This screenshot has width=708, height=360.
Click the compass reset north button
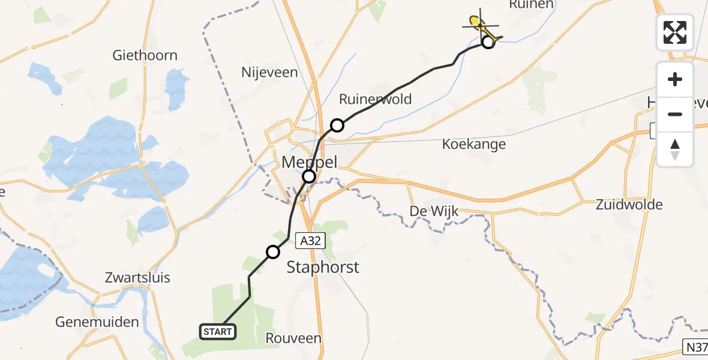pos(675,149)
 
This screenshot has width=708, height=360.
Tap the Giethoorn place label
pos(145,56)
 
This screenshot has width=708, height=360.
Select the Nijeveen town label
pos(269,73)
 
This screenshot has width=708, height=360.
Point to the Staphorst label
pos(323,267)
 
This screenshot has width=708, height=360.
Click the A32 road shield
pos(311,241)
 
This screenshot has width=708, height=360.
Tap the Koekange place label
pos(473,144)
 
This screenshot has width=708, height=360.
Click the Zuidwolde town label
pos(629,205)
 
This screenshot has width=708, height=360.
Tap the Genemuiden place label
pos(97,322)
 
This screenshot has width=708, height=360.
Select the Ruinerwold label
pos(376,99)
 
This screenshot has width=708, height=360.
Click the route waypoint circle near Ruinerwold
pos(337,125)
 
